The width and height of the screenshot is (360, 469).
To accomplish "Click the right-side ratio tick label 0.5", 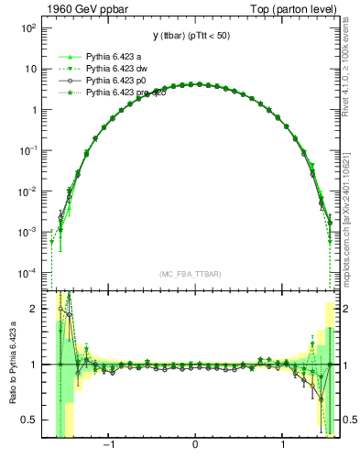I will tap(346, 420).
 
